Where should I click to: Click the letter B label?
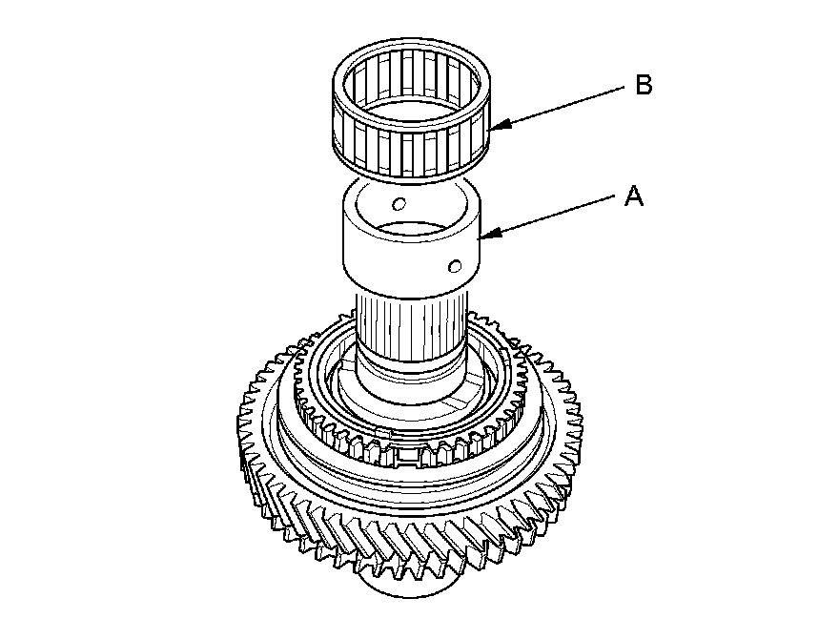(644, 86)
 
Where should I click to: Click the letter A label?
(634, 197)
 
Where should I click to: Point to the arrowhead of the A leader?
(482, 235)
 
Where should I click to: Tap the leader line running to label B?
(563, 106)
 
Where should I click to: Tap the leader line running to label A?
(553, 216)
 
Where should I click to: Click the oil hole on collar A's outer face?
(457, 265)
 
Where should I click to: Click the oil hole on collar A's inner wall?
(400, 203)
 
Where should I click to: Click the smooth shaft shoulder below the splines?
(410, 367)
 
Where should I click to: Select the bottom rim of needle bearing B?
(410, 175)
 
